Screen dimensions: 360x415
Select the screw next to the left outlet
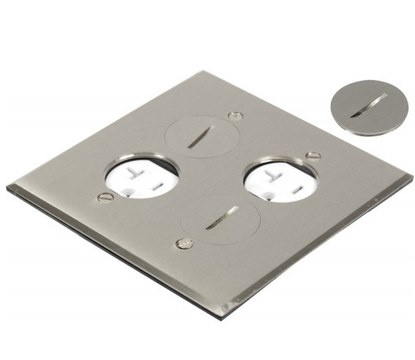coord(103,196)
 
